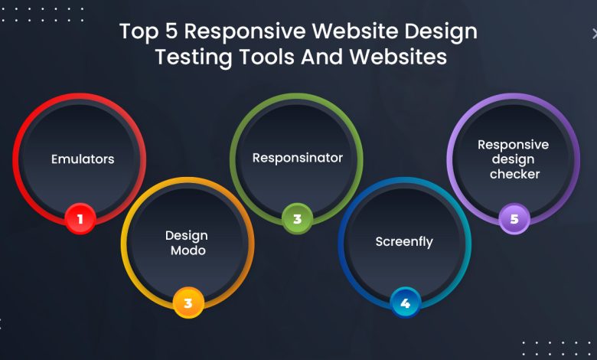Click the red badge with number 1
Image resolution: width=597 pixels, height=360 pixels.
[80, 218]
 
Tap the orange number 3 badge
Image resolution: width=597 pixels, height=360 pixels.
[188, 303]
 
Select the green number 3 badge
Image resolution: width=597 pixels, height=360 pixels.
[298, 218]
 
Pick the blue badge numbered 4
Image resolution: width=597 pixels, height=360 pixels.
[405, 303]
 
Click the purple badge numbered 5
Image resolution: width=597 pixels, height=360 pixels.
[514, 218]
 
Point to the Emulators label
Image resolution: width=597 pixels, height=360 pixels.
[83, 159]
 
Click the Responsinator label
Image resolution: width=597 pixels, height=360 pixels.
[298, 158]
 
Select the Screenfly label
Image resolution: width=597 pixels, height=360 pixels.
[404, 242]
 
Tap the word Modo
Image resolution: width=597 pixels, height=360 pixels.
[188, 250]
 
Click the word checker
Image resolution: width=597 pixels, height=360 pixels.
[515, 174]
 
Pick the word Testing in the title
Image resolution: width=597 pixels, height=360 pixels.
[194, 57]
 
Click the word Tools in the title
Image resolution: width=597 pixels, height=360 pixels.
[267, 57]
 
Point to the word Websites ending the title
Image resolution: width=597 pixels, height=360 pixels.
[398, 57]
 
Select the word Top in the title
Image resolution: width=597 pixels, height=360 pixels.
[139, 31]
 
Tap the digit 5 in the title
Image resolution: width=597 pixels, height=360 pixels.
[171, 31]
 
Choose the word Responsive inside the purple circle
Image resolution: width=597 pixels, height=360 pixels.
[514, 145]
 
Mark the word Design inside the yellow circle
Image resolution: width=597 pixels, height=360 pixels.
[187, 236]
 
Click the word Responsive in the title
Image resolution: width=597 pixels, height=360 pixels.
[245, 31]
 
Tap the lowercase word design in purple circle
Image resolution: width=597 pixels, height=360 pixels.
[513, 159]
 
